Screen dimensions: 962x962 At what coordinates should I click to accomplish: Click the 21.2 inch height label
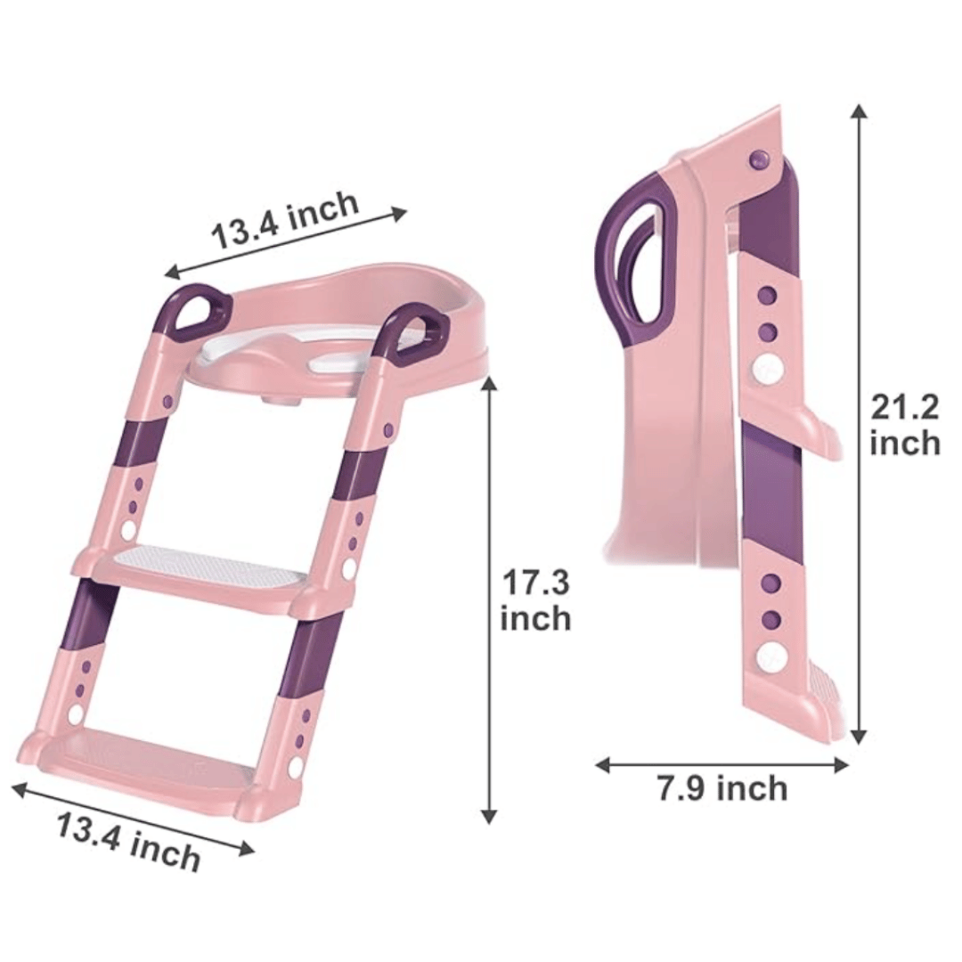pyautogui.click(x=905, y=425)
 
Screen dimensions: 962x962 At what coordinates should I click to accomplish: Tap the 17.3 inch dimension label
pyautogui.click(x=535, y=600)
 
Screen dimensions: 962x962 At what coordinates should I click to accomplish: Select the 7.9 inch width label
pyautogui.click(x=722, y=787)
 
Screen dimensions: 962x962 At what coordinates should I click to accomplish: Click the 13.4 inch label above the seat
pyautogui.click(x=285, y=219)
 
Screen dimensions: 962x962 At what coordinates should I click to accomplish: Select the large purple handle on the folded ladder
pyautogui.click(x=637, y=251)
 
